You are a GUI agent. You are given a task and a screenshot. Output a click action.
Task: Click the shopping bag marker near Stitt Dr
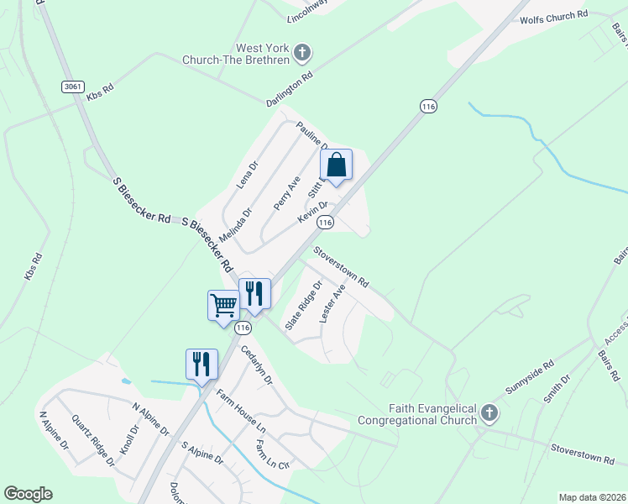(336, 165)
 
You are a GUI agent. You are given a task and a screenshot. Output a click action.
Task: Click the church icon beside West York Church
(302, 53)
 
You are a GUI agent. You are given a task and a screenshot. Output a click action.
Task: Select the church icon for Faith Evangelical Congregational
(489, 413)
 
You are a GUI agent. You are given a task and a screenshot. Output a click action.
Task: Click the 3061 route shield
(71, 87)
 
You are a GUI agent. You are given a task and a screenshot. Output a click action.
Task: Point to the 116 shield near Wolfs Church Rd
(428, 106)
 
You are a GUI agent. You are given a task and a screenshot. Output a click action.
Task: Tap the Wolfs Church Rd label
(555, 18)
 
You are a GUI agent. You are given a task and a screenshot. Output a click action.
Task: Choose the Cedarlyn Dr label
(257, 365)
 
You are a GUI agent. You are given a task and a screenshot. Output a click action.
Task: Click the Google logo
(28, 494)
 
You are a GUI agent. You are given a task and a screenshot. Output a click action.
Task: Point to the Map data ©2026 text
(592, 497)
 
